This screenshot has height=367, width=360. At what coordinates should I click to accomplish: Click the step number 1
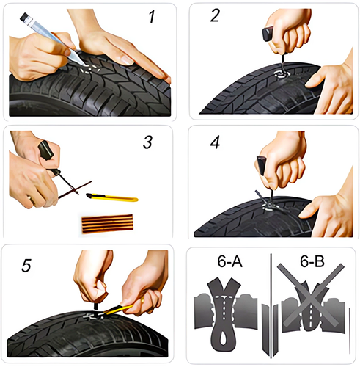tap(152, 17)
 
